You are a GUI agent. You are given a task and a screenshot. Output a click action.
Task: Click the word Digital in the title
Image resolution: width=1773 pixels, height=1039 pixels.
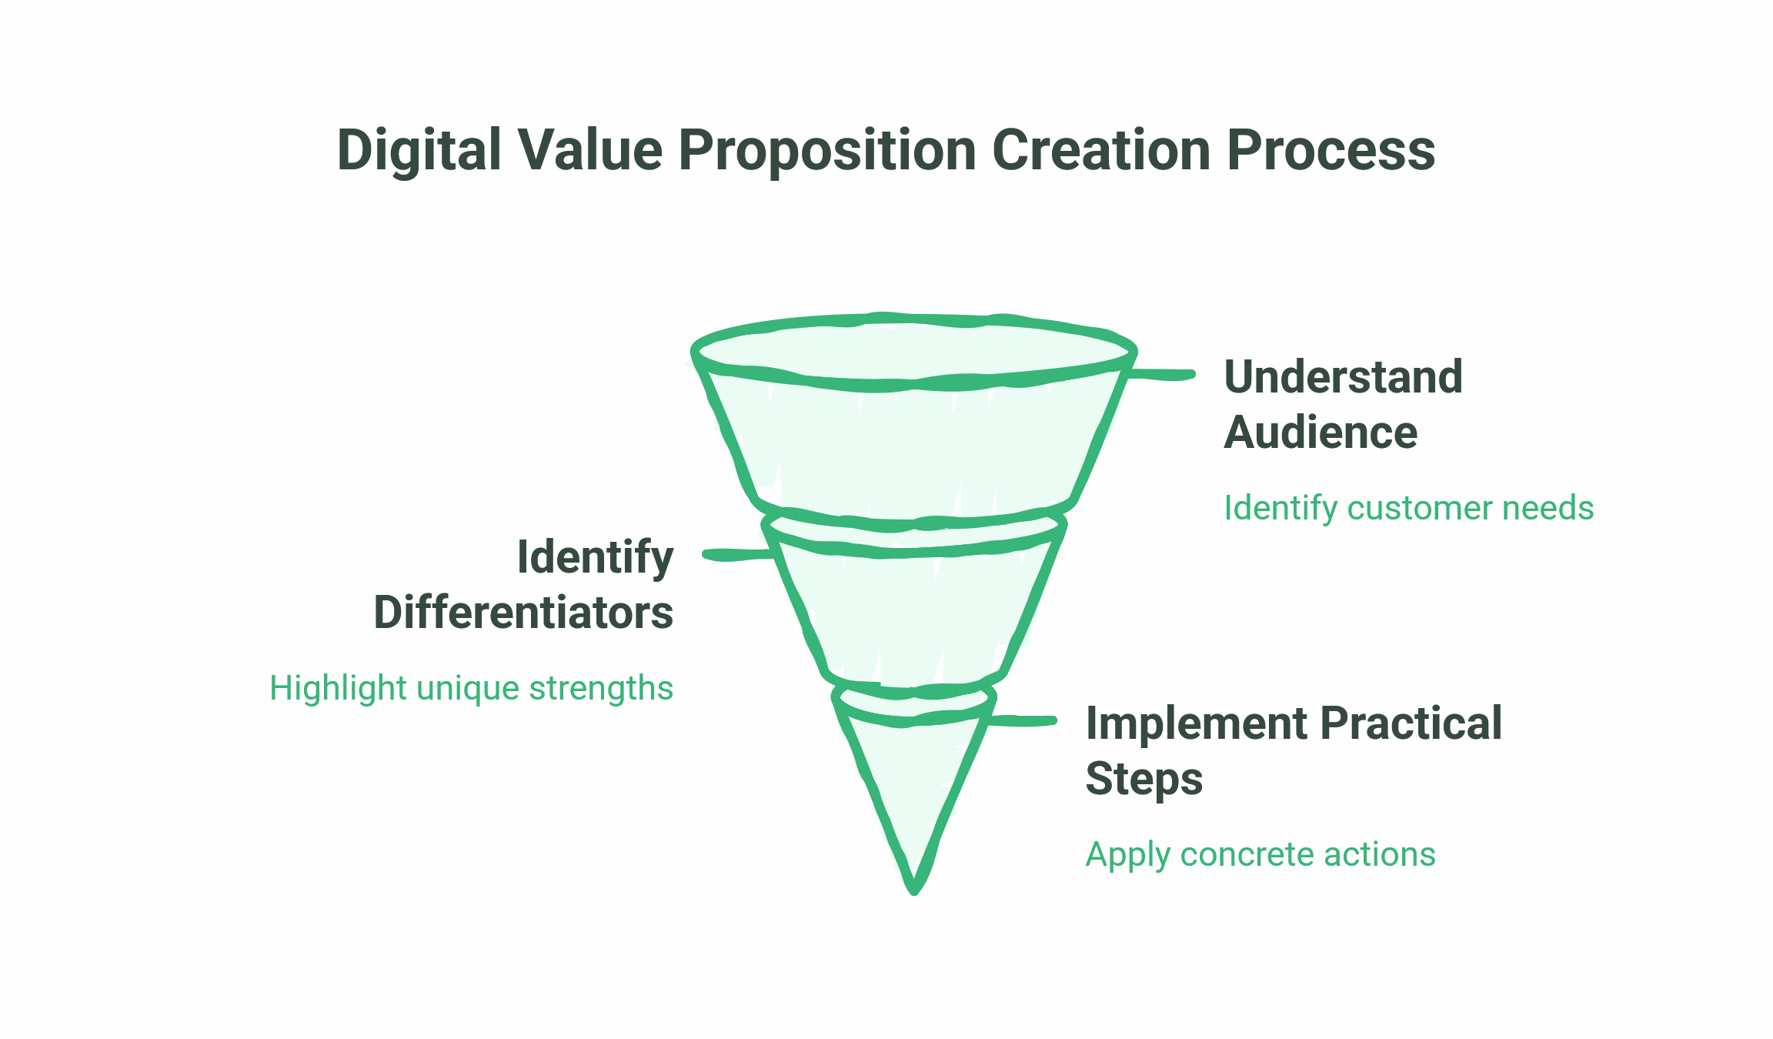(x=419, y=150)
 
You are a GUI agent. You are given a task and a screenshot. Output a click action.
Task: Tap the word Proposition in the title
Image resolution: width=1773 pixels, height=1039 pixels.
(x=827, y=150)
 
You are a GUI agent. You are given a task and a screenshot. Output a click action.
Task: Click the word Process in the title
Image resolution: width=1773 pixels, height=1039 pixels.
(x=1331, y=150)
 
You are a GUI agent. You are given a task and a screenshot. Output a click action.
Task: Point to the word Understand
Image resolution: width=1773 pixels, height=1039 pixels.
(x=1343, y=377)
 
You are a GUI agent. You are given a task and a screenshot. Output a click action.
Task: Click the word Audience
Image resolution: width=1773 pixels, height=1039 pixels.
(x=1321, y=433)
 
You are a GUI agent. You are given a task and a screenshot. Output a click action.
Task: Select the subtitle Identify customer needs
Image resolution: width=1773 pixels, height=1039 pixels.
(x=1408, y=508)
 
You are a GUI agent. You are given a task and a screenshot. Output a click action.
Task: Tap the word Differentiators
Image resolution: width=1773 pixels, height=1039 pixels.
(x=523, y=613)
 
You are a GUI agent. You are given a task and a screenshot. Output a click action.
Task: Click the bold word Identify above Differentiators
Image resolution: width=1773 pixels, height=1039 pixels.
(x=595, y=557)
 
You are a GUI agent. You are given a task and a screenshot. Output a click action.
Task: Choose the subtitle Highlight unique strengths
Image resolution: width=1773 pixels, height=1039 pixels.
(x=471, y=688)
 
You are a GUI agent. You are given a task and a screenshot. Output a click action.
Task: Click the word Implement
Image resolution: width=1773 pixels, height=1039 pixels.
(x=1196, y=724)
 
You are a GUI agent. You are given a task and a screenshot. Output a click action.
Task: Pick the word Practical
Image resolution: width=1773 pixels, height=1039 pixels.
(x=1411, y=724)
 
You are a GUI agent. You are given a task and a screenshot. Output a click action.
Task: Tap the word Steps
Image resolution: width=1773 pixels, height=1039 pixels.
(x=1144, y=779)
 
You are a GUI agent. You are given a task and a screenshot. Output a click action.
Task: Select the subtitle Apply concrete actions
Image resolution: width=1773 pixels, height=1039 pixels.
(x=1260, y=854)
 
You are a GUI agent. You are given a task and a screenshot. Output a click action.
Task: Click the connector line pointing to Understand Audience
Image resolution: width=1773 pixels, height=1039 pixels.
(x=1162, y=375)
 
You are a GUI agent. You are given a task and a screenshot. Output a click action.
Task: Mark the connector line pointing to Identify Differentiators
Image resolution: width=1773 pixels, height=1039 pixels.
(x=736, y=555)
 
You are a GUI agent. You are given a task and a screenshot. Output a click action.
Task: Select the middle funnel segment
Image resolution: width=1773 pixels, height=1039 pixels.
(x=914, y=616)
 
